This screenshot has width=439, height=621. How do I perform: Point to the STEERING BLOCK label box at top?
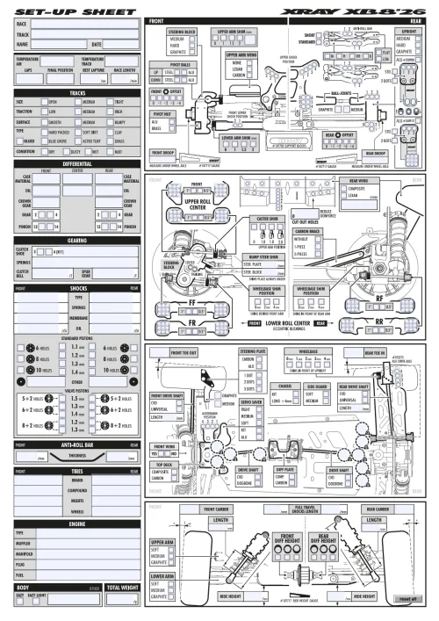[183, 32]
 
